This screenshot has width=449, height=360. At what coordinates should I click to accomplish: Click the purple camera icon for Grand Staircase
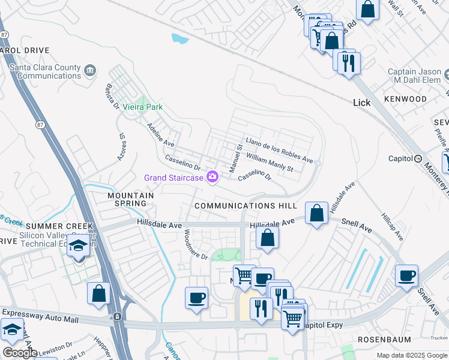point(212,176)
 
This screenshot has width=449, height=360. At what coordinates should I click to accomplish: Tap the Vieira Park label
point(143,107)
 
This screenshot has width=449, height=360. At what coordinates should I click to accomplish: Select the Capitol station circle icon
point(418,158)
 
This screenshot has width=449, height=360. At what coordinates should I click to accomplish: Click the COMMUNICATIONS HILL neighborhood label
point(246,206)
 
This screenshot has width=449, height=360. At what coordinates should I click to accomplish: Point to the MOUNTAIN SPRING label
point(130,199)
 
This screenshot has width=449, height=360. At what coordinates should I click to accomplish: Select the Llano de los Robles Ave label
point(280,150)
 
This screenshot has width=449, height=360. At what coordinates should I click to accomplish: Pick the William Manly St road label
point(270,162)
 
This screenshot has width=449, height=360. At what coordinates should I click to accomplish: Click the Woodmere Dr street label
point(195,245)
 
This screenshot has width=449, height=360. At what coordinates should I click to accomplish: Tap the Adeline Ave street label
point(161,136)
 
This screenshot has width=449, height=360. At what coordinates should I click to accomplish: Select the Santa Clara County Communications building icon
point(90,72)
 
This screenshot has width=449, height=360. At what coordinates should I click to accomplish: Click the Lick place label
point(362,103)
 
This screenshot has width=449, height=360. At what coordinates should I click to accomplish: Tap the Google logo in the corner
point(20,352)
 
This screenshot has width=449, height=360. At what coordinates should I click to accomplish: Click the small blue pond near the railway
point(179,40)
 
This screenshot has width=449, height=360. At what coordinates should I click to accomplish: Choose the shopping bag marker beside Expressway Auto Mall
point(99,294)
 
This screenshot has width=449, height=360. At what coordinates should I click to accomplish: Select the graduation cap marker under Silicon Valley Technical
point(77,246)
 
